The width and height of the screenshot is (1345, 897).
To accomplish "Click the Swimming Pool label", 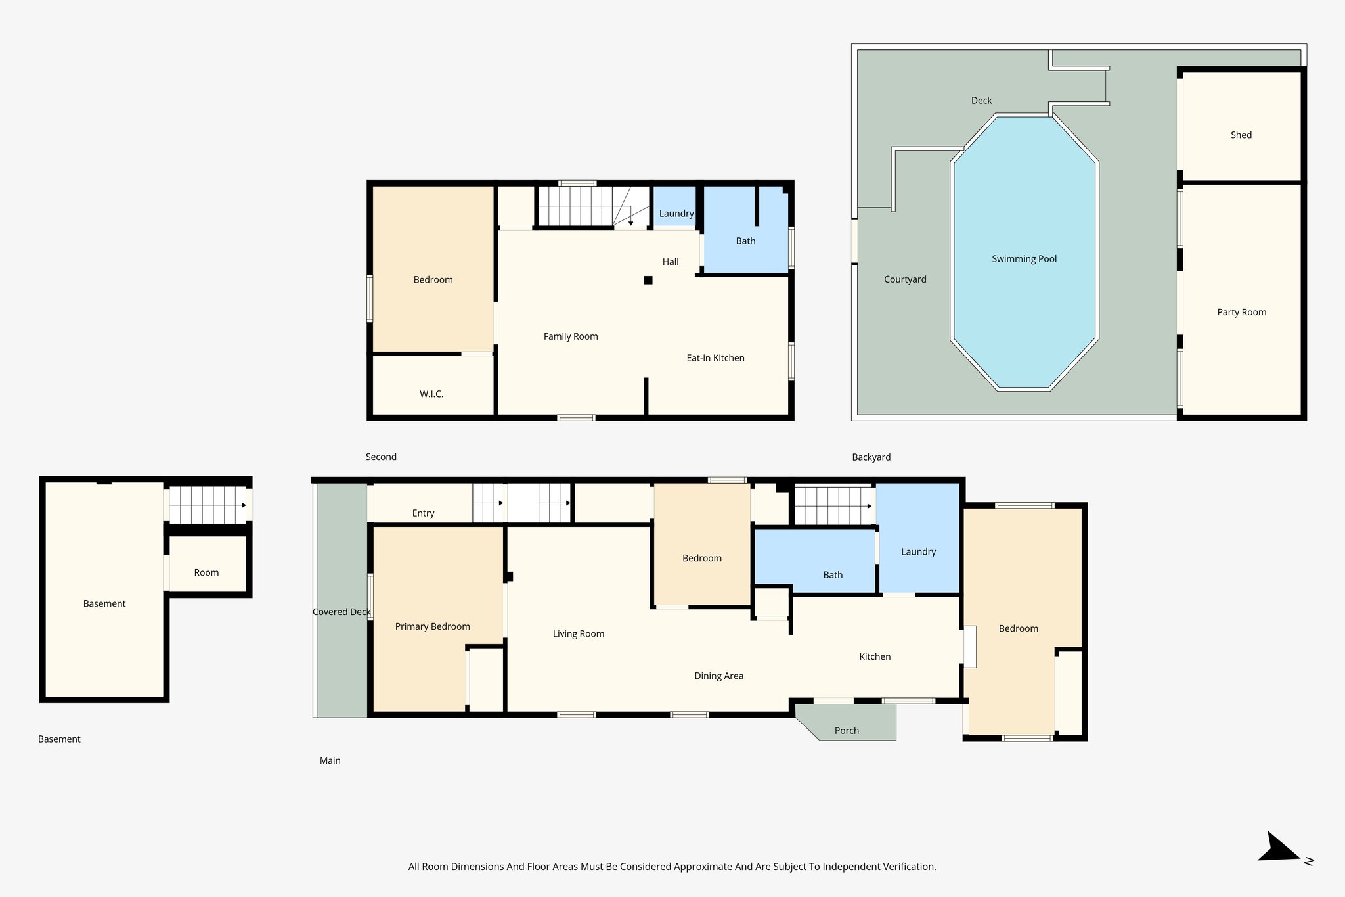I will tap(1024, 259).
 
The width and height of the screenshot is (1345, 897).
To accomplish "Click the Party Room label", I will tap(1241, 313).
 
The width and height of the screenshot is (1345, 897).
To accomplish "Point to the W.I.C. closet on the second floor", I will tap(431, 394).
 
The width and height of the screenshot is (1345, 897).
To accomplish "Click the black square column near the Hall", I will tap(648, 280).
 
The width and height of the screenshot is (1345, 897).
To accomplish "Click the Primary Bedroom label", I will tap(432, 626).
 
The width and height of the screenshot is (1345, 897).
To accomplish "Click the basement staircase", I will tap(207, 505).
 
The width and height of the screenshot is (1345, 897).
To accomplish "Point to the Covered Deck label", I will tap(342, 612).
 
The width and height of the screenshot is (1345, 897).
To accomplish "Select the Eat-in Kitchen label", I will tap(715, 358).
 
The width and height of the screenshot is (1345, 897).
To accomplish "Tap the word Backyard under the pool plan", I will tap(871, 457).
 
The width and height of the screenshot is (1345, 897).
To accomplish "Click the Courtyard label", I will tap(905, 279).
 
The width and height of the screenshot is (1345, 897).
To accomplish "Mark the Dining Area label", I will tap(718, 676).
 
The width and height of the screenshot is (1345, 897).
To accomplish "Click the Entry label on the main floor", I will tap(423, 513).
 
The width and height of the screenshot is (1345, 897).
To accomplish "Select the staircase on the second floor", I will tap(575, 206).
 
